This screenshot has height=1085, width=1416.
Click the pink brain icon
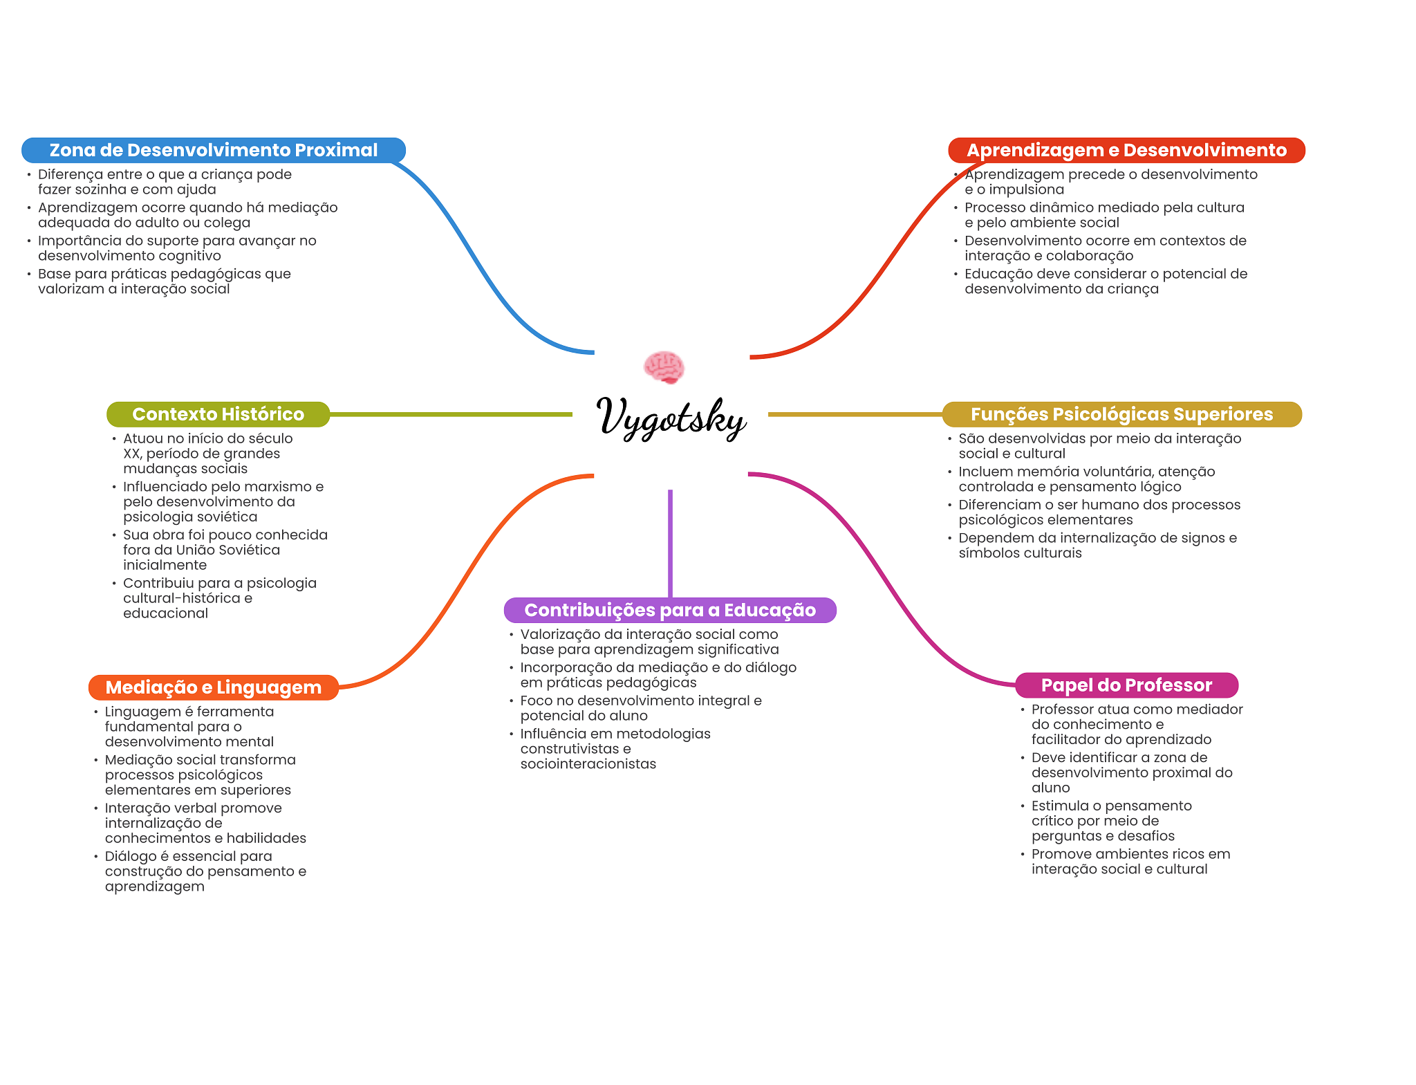point(664,367)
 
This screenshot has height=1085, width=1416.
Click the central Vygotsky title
point(671,417)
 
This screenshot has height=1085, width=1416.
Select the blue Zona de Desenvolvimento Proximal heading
point(213,150)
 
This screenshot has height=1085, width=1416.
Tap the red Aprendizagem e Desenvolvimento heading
point(1126,150)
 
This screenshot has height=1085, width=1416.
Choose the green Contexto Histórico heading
point(218,414)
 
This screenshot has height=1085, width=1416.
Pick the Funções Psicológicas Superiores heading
point(1121,414)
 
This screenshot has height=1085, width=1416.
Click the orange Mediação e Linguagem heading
point(213,687)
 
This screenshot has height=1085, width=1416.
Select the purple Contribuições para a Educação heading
point(670,610)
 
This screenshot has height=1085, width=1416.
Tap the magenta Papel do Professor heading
point(1126,685)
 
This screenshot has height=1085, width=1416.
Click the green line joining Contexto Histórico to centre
point(449,414)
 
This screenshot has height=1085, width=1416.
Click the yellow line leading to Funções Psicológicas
point(855,414)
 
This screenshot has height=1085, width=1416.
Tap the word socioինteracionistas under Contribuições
point(588,764)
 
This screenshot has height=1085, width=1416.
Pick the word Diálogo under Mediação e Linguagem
point(131,856)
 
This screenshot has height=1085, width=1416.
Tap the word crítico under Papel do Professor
point(1052,821)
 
